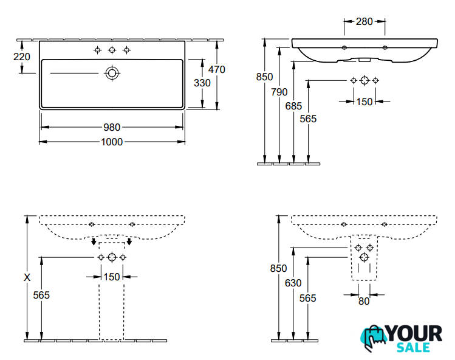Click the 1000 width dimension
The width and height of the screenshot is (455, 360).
(112, 142)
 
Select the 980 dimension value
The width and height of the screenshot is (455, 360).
(112, 127)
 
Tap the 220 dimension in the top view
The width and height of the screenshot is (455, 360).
(22, 57)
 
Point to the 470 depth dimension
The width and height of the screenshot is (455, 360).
(216, 69)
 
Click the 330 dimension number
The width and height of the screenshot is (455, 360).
(202, 83)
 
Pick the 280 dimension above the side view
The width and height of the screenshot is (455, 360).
(364, 22)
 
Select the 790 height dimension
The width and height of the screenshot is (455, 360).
(279, 92)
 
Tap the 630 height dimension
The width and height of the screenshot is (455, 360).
(293, 282)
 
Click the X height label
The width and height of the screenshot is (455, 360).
(27, 277)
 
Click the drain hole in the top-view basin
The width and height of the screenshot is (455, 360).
(112, 73)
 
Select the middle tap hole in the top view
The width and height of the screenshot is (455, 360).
(112, 50)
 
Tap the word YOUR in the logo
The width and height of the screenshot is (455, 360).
(415, 333)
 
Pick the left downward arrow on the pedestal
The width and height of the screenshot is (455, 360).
(93, 243)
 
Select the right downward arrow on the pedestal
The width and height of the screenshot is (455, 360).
(129, 243)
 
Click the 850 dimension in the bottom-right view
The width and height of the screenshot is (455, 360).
(278, 268)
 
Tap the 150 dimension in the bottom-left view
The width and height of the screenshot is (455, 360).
(111, 278)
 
